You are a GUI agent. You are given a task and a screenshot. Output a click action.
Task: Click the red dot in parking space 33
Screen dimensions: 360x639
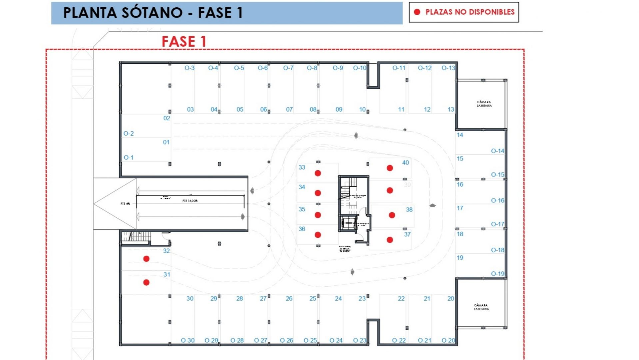click(x=318, y=173)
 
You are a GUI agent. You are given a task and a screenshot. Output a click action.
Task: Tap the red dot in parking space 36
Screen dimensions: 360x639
click(x=318, y=235)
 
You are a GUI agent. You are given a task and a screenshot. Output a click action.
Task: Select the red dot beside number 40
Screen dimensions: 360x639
click(x=390, y=168)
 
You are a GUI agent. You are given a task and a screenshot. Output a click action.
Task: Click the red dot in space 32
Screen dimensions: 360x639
click(x=146, y=259)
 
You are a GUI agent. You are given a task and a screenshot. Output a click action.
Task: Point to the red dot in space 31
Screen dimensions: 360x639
click(x=146, y=282)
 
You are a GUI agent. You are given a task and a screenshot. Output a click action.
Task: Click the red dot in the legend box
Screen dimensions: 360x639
click(x=417, y=12)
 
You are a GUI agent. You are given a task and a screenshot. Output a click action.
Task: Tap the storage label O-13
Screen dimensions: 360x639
click(x=448, y=68)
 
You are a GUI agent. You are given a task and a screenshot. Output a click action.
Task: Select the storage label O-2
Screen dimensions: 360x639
click(x=129, y=134)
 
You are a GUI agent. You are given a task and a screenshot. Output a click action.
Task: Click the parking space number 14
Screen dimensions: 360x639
click(x=460, y=135)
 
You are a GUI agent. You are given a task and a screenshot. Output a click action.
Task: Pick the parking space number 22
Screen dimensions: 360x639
click(x=401, y=299)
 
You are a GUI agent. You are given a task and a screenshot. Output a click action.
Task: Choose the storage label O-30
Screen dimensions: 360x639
click(x=188, y=340)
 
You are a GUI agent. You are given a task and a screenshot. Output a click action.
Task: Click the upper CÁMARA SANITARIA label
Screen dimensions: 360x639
click(x=484, y=104)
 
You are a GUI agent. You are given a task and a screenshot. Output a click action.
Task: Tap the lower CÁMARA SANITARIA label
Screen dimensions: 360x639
click(x=481, y=307)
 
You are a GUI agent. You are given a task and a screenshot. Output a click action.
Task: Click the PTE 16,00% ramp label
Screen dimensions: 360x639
click(x=190, y=201)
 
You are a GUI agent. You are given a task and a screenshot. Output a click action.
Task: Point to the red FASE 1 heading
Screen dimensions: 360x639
click(x=184, y=42)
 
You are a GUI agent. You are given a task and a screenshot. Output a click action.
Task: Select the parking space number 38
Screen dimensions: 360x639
click(x=409, y=210)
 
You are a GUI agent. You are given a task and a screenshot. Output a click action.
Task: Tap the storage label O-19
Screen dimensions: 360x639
click(x=498, y=274)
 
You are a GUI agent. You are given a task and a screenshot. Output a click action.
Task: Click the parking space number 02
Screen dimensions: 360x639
click(x=167, y=118)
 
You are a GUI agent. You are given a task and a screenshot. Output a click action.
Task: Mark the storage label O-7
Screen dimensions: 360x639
click(x=288, y=68)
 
